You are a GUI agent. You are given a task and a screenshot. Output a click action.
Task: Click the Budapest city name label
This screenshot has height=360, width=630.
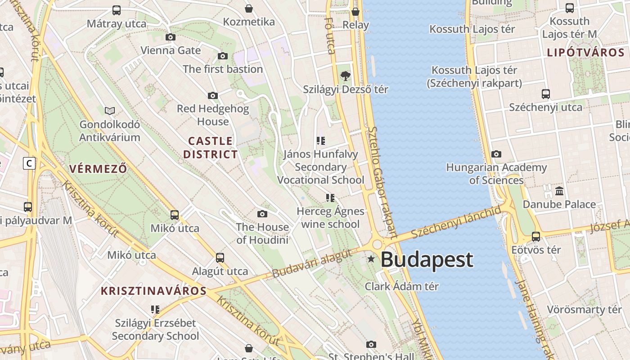coord(427,260)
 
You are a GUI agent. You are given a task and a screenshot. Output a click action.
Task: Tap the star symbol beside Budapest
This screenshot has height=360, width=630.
coord(371,259)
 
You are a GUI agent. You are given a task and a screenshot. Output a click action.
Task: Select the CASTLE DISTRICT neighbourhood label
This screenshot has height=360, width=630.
coord(210,148)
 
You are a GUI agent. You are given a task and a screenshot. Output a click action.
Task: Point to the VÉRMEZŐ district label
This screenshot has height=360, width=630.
coord(98,169)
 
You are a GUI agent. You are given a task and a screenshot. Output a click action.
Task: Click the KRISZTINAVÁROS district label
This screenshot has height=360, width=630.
coord(153,291)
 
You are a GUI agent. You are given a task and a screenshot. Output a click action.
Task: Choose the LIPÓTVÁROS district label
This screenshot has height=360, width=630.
coord(586,52)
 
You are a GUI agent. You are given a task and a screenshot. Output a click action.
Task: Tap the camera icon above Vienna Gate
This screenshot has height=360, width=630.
coord(170,37)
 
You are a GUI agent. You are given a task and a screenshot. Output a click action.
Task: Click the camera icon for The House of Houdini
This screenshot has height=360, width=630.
coord(262,214)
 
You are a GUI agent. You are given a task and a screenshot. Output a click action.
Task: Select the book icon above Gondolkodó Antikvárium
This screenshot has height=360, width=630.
coord(109,111)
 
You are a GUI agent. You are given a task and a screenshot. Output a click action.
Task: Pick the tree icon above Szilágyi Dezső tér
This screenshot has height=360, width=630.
coord(345,76)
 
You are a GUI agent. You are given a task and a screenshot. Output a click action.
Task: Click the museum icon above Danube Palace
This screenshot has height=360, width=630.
coord(559,191)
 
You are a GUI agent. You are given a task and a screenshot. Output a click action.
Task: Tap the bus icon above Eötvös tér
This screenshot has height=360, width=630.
coord(536,236)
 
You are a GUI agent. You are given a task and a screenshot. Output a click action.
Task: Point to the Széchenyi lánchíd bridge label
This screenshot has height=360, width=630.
coord(456,223)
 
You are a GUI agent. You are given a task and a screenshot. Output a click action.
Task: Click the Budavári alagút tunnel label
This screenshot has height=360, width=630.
coord(312,263)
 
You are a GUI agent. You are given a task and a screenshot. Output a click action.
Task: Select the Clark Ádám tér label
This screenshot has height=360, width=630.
coord(401,286)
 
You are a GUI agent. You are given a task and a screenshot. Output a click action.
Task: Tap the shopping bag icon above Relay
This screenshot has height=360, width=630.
coord(355,12)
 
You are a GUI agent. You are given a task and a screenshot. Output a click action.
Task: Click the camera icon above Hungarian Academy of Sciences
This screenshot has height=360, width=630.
coord(496,154)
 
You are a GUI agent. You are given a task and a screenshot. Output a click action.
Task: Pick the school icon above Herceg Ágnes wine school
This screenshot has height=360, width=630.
coord(330,198)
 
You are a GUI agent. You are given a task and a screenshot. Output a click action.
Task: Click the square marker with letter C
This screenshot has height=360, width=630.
coord(29,163)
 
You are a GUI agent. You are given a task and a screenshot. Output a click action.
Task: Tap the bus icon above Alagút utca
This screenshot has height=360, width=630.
coord(220,258)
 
